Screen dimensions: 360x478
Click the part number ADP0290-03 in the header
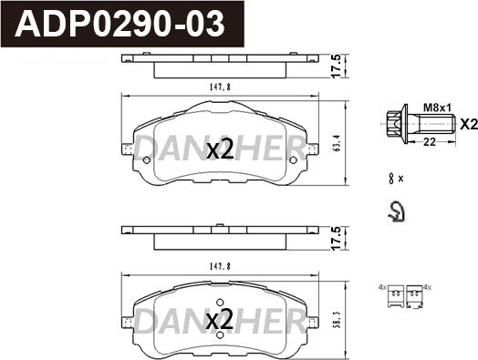click(x=124, y=23)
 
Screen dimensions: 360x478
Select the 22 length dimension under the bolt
click(x=426, y=141)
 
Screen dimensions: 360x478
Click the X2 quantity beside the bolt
click(x=466, y=125)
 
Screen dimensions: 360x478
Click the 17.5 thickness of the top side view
click(x=338, y=65)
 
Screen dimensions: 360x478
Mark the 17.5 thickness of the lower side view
click(x=338, y=237)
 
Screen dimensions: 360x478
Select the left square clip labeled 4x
click(x=395, y=293)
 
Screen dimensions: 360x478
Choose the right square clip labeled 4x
click(x=417, y=293)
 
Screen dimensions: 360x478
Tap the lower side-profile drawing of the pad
click(x=219, y=236)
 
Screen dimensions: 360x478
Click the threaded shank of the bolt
click(x=423, y=125)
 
